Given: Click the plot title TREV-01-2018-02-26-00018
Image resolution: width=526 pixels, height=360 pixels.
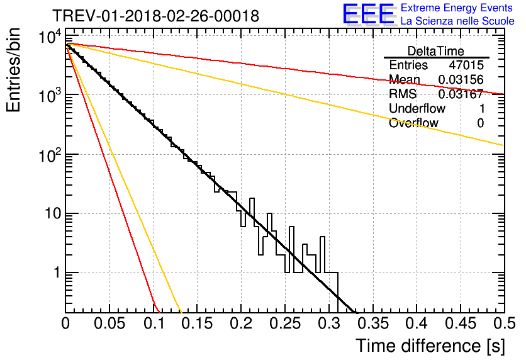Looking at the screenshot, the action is pyautogui.click(x=155, y=16).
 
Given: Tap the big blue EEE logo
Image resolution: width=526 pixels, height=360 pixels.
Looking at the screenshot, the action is pyautogui.click(x=369, y=14).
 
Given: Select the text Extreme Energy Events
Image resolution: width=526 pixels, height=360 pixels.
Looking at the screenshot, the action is pyautogui.click(x=457, y=8).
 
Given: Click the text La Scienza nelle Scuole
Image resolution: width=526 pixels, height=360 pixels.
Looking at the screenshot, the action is pyautogui.click(x=457, y=21).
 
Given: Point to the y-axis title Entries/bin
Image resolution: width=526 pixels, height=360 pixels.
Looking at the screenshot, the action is pyautogui.click(x=13, y=70).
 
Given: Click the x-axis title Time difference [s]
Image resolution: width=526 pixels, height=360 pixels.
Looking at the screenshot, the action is pyautogui.click(x=430, y=346).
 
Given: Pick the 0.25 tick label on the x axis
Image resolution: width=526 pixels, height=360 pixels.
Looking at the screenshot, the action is pyautogui.click(x=285, y=323).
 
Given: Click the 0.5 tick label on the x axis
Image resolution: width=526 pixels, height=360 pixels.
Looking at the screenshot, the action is pyautogui.click(x=505, y=323).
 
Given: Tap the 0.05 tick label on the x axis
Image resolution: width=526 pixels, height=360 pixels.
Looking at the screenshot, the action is pyautogui.click(x=109, y=323).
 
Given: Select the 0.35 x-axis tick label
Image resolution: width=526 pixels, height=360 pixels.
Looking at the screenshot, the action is pyautogui.click(x=373, y=323).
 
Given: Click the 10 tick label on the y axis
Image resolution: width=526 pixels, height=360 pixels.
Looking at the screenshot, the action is pyautogui.click(x=53, y=214).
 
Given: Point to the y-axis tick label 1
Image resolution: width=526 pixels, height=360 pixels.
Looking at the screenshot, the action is pyautogui.click(x=57, y=273).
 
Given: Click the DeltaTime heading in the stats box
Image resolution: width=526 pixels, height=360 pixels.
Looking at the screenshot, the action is pyautogui.click(x=436, y=51).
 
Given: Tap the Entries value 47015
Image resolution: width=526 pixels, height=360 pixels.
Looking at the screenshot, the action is pyautogui.click(x=466, y=65).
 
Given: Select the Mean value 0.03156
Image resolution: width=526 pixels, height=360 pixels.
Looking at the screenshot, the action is pyautogui.click(x=461, y=79).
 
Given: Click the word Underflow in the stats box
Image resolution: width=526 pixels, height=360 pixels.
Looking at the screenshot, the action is pyautogui.click(x=417, y=108).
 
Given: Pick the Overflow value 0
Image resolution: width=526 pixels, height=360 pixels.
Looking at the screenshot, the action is pyautogui.click(x=480, y=123).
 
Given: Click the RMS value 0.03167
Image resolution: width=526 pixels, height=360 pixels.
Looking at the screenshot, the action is pyautogui.click(x=461, y=94).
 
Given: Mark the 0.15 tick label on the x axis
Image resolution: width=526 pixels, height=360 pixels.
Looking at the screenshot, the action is pyautogui.click(x=198, y=323).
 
